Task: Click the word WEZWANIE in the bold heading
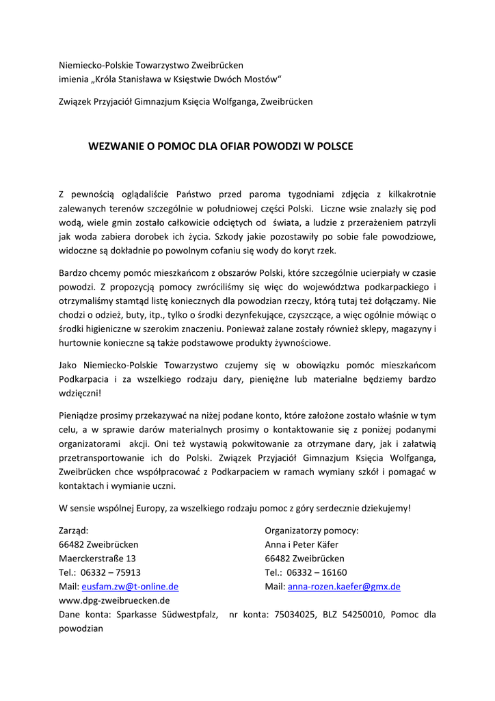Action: (x=113, y=146)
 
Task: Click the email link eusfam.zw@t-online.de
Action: (x=130, y=587)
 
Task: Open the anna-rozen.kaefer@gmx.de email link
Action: (x=344, y=587)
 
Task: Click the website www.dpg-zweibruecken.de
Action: (x=114, y=601)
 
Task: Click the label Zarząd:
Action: (x=74, y=531)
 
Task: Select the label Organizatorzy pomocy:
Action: (x=311, y=531)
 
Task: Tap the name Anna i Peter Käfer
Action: (x=305, y=545)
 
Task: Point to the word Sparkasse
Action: (x=136, y=615)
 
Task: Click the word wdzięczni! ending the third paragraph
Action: (x=80, y=393)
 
